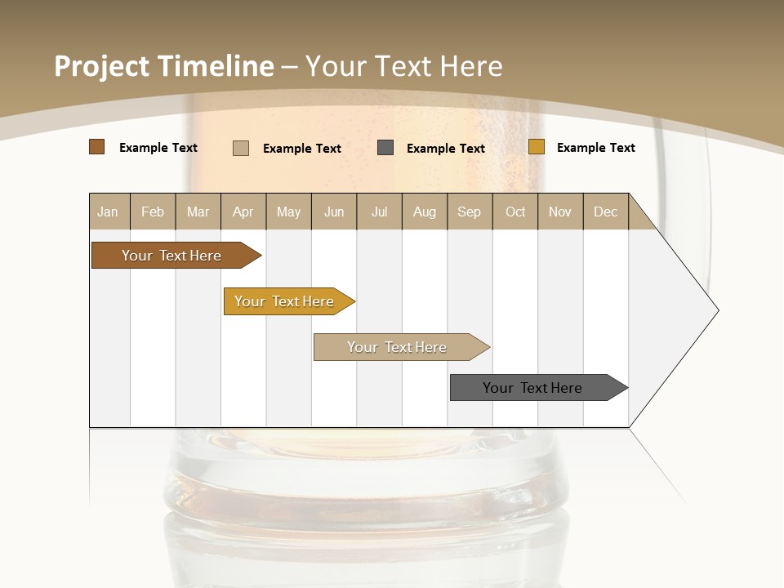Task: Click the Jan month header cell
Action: [x=109, y=212]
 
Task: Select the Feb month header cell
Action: [x=153, y=212]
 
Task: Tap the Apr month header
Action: [x=243, y=212]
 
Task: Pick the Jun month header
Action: [x=334, y=212]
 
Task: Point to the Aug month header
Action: [x=425, y=212]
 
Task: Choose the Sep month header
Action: [x=470, y=212]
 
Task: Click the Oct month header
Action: [x=515, y=212]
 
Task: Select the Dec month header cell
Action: [x=606, y=212]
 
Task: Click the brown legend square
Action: [x=96, y=147]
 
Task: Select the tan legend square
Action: [x=240, y=148]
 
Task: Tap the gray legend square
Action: [x=385, y=148]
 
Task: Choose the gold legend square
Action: [x=536, y=147]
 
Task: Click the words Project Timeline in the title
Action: [x=164, y=66]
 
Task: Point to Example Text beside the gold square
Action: [x=595, y=148]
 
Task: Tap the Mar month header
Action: [x=198, y=212]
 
